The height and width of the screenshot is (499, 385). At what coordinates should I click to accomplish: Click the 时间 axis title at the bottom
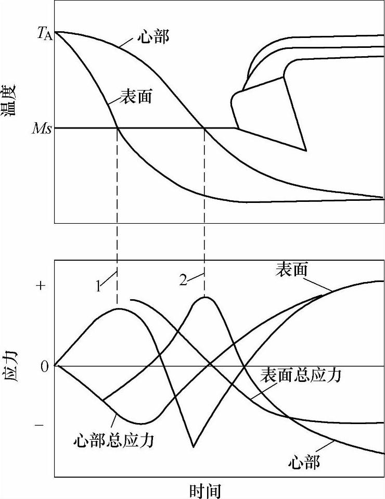pos(206,490)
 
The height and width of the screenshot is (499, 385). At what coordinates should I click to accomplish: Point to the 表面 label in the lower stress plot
pos(291,270)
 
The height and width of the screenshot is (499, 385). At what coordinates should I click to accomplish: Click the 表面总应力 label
pos(301,375)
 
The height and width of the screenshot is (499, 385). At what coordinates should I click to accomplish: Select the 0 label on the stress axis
pos(44,366)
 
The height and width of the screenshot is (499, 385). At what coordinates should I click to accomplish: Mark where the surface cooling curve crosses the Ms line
pos(117,128)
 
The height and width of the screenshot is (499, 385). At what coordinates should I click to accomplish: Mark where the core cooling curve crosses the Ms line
pos(204,128)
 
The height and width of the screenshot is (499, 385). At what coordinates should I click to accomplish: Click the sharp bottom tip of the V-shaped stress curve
pos(193,446)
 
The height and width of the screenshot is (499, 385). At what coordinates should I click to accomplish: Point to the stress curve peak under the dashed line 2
pos(204,297)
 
